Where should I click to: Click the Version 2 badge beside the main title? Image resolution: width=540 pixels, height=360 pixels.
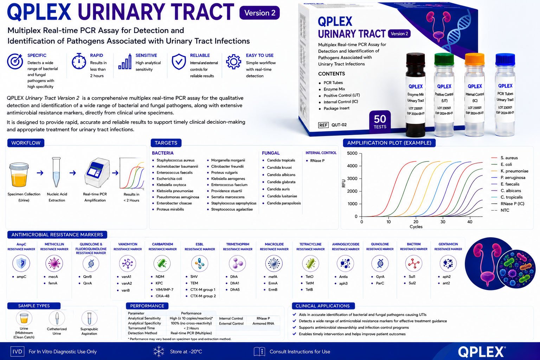point(259,13)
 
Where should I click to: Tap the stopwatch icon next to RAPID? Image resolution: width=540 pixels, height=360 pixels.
point(79,61)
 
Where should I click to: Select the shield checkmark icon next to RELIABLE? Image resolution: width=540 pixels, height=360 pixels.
point(179,62)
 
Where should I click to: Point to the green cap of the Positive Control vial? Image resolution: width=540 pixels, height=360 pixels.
point(444,59)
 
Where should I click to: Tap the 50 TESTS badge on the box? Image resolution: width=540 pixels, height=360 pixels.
point(380,122)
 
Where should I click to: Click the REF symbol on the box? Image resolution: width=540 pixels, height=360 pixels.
point(323,125)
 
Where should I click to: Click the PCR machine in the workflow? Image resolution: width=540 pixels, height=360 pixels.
point(97,173)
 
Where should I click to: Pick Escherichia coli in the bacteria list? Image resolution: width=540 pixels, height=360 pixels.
point(169,179)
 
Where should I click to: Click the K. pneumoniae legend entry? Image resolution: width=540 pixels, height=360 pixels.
point(514,171)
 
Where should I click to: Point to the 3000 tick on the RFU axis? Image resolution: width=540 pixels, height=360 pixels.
point(352,179)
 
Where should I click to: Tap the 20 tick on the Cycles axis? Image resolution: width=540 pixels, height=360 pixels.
point(416,221)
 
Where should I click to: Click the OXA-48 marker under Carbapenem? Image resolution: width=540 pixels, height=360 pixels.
point(162,296)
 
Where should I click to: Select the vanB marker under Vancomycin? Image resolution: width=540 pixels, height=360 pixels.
point(126,290)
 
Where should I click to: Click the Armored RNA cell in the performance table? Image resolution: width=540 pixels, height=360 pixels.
point(263,323)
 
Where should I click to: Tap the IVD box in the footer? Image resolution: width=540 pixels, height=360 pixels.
point(17,352)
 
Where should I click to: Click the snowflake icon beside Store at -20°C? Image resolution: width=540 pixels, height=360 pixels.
point(159,352)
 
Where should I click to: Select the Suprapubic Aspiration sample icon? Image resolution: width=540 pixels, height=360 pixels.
point(89,318)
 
